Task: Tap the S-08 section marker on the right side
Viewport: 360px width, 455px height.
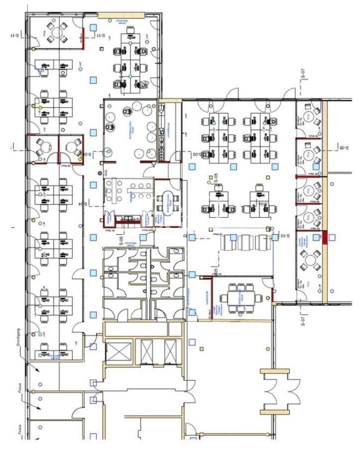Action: pos(343,147)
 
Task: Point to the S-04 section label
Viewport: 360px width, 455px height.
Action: pos(86,203)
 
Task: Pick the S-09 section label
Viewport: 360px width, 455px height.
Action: pos(196,154)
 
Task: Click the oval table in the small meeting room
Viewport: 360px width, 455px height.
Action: pos(167,200)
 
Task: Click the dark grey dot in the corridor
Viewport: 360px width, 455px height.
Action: pos(100,173)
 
